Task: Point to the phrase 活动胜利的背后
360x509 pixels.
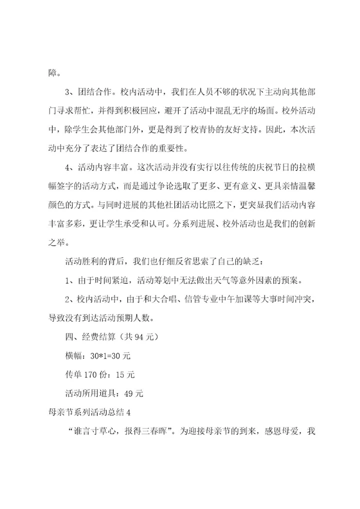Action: pos(95,261)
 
